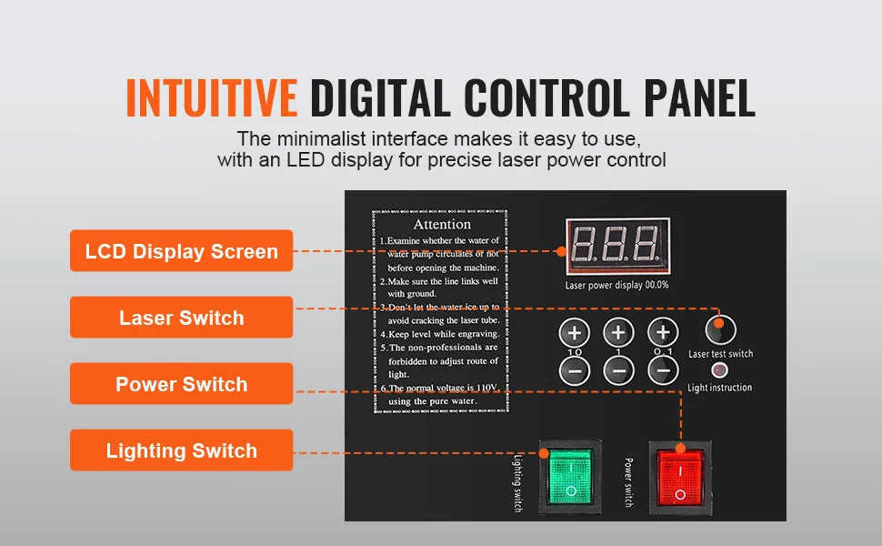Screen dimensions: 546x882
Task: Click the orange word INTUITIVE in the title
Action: tap(211, 99)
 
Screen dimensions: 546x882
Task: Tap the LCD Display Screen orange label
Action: tap(182, 251)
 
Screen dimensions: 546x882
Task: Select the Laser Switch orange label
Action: tap(182, 318)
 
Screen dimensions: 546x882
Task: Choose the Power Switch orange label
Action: tap(182, 384)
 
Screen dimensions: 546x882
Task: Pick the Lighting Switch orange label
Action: tap(182, 450)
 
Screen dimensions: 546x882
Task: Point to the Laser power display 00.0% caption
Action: tap(617, 284)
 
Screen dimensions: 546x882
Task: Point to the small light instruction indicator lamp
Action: tap(719, 370)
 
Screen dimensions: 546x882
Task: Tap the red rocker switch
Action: tap(680, 473)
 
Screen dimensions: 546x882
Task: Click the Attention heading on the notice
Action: tap(442, 224)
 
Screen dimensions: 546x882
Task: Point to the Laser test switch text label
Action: tap(720, 353)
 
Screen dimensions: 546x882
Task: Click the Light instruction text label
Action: tap(720, 388)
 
